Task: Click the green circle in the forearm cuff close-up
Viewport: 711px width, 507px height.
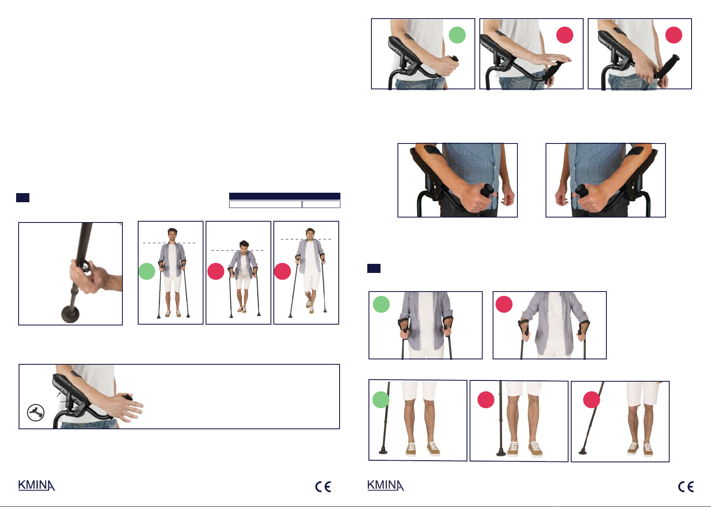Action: tap(457, 35)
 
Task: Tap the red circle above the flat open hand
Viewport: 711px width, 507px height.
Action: tap(565, 35)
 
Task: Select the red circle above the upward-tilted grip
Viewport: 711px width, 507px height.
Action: tap(673, 35)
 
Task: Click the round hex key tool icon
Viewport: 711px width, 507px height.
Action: tap(36, 412)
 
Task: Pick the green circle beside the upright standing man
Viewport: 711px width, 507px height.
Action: tap(146, 271)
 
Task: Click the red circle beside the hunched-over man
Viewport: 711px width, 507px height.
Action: tap(215, 271)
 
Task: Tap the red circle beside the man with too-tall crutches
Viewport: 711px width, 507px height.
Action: tap(282, 271)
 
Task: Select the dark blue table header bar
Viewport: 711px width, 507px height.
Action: tap(285, 196)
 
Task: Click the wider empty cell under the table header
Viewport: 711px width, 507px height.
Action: tap(265, 204)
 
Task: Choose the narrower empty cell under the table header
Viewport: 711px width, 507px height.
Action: tap(321, 204)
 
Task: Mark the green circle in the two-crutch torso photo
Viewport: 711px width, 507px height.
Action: tap(381, 304)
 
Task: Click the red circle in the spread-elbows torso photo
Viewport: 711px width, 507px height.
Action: tap(504, 304)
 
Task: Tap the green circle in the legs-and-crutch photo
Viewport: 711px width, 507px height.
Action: tap(381, 400)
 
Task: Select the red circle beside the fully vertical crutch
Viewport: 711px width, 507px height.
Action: tap(486, 400)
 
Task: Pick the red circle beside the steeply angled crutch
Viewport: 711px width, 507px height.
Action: tap(591, 400)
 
